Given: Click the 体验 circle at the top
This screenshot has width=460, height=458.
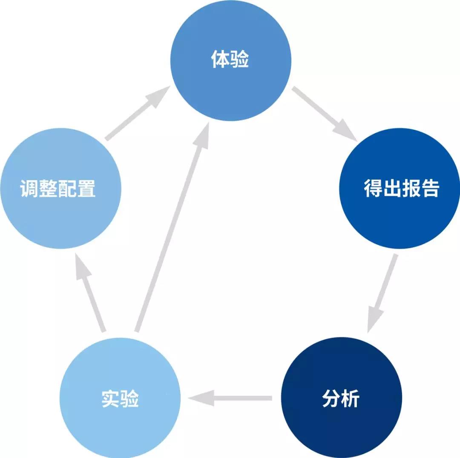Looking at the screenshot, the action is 230,60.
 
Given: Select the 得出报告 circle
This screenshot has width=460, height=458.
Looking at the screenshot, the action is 400,188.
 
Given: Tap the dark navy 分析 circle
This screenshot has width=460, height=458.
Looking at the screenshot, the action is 342,398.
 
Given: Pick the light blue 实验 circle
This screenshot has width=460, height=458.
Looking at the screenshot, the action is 120,398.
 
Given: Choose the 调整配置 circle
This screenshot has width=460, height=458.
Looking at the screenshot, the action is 61,188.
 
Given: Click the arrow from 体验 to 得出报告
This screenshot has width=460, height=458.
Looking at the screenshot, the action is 325,114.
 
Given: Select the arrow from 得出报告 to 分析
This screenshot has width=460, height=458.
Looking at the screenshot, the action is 382,293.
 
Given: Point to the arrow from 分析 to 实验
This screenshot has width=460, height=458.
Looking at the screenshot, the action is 230,398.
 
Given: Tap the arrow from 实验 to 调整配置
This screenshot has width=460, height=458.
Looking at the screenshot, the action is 90,292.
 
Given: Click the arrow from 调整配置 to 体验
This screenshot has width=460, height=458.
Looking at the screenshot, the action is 138,113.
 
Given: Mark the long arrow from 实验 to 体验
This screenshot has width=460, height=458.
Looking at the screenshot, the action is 172,227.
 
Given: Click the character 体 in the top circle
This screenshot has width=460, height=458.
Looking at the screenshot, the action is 220,59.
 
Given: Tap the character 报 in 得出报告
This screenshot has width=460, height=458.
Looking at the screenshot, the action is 411,188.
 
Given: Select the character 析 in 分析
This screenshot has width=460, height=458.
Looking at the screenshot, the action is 351,398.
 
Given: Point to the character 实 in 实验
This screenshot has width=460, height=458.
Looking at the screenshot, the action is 111,398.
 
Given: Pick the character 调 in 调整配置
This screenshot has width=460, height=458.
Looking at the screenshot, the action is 29,188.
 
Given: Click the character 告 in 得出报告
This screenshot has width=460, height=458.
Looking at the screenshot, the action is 430,188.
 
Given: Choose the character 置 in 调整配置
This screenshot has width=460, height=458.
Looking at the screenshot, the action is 86,188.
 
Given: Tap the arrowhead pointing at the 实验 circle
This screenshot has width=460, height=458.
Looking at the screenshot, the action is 201,398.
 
